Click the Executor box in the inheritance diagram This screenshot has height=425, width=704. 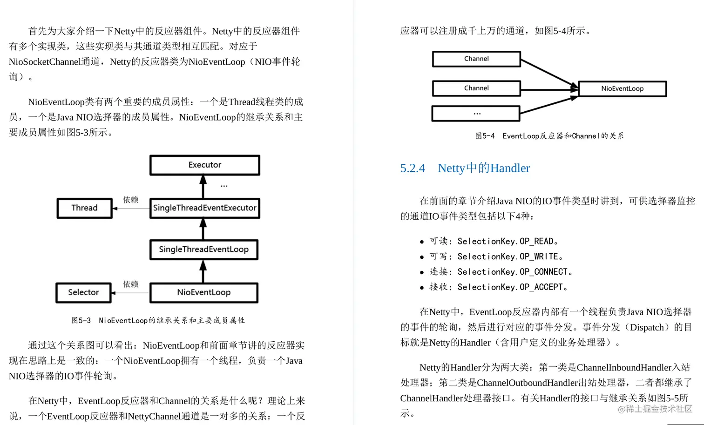(x=204, y=165)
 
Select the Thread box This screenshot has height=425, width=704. (x=84, y=208)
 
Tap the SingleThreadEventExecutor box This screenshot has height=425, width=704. (x=204, y=208)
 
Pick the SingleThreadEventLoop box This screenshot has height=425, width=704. (x=203, y=250)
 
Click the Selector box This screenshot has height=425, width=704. (x=83, y=292)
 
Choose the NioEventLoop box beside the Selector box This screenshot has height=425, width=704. (x=203, y=292)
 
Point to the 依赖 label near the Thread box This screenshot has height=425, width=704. (x=131, y=200)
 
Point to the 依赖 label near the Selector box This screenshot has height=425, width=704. (x=131, y=284)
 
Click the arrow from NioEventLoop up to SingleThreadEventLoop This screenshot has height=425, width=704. (x=203, y=272)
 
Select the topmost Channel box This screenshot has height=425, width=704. (x=476, y=59)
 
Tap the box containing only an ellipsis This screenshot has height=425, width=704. (x=476, y=114)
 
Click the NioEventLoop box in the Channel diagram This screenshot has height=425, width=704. (x=622, y=88)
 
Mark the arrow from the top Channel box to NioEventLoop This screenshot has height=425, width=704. (x=549, y=73)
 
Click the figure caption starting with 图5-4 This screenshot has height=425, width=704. (x=549, y=136)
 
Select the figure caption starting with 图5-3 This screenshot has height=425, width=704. (x=158, y=320)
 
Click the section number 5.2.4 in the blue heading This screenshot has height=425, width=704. (x=413, y=168)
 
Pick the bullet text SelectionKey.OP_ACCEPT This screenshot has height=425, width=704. (x=510, y=287)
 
